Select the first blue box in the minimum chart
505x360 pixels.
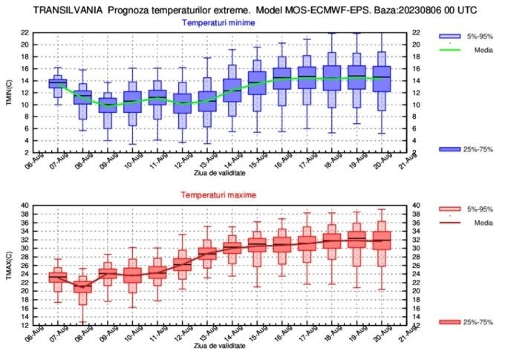tap(57, 83)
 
